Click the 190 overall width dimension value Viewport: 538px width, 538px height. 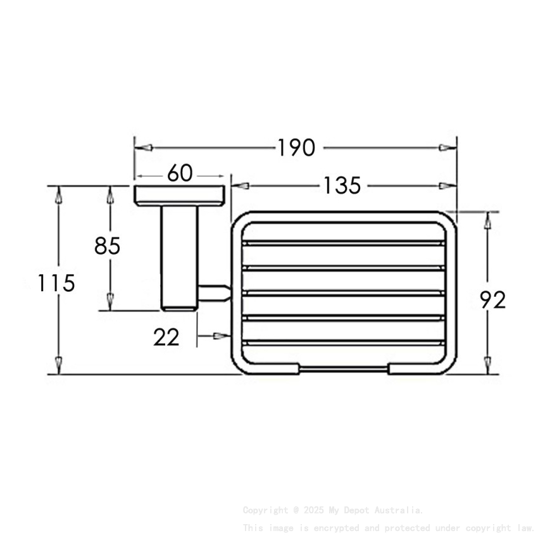pos(296,147)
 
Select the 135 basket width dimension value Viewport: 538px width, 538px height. pos(342,186)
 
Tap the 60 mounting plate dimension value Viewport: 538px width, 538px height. pos(180,173)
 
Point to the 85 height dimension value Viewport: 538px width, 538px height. pos(107,246)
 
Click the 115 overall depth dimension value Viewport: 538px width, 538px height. pos(55,283)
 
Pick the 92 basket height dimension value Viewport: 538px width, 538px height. pos(492,300)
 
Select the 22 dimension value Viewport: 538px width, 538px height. pos(166,337)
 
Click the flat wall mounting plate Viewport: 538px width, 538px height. pos(180,196)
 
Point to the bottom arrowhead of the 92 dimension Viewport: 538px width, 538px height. pos(487,365)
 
